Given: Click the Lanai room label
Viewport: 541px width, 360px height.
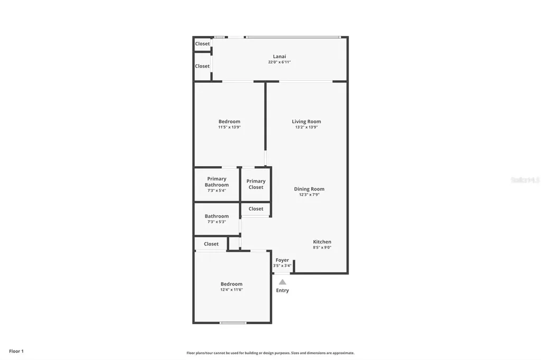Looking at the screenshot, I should pos(279,56).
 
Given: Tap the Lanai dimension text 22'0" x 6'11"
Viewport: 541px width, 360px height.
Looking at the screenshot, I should pos(279,62).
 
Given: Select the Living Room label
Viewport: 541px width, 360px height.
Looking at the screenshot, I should pos(306,121).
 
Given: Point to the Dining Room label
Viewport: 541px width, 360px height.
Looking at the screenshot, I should pos(309,189).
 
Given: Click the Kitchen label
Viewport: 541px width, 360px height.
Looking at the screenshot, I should pos(322,242).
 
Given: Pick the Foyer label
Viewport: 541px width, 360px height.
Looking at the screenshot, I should pos(282,260).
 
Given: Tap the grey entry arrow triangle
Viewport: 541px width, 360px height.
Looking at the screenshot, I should pos(283,282).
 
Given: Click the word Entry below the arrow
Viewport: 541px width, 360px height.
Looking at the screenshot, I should pos(283,290).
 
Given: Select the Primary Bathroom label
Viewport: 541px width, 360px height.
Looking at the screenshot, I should pos(217,182).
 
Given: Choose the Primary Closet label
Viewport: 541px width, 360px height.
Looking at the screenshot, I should pos(256,184).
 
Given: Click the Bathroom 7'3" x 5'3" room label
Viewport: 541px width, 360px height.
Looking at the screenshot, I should pos(217,216).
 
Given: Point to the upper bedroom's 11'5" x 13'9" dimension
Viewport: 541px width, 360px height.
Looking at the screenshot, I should pos(229,127).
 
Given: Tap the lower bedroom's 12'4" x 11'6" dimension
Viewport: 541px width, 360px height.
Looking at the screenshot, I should pos(231,290).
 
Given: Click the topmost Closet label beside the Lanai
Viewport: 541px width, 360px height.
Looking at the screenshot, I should pos(202,44).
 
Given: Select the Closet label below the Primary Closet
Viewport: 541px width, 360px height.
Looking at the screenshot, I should pos(256,209).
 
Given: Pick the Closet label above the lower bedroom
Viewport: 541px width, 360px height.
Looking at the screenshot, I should pos(211,244).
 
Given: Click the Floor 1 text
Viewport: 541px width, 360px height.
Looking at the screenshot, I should pos(16,351).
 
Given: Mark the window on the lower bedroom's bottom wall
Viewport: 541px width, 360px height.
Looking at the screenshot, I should pos(233,323).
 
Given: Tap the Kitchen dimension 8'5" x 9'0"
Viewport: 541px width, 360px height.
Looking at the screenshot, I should pos(322,248).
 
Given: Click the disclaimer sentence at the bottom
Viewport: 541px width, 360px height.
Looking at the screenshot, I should pos(270,353).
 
